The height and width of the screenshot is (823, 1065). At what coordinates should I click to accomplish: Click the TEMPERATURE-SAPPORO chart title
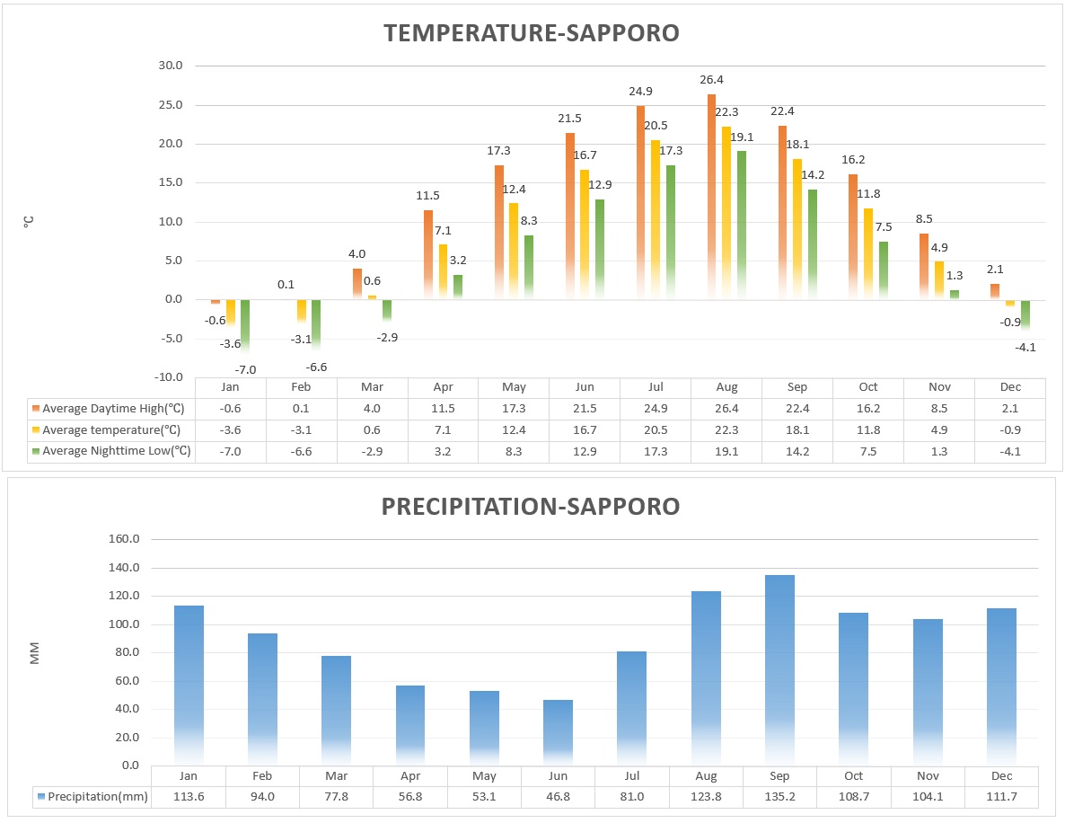[532, 33]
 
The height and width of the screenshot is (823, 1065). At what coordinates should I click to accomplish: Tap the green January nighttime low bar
[244, 324]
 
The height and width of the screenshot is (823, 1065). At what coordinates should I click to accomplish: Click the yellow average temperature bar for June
[585, 234]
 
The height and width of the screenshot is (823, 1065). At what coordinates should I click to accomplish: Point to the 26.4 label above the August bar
[713, 81]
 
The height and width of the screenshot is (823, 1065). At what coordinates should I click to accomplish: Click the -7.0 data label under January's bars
[245, 369]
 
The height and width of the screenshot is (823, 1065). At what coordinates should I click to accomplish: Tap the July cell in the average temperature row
[656, 429]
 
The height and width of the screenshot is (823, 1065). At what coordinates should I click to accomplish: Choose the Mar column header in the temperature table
[372, 387]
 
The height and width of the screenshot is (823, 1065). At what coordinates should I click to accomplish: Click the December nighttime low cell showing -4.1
[1010, 451]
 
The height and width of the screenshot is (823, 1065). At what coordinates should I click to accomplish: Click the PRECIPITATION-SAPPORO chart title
[532, 507]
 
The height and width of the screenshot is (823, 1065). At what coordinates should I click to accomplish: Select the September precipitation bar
[779, 669]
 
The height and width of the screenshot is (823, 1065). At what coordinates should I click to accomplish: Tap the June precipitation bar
[558, 731]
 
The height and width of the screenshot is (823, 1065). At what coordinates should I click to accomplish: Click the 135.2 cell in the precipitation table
[779, 797]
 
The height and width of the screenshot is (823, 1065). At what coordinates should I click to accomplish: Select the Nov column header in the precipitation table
[928, 775]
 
